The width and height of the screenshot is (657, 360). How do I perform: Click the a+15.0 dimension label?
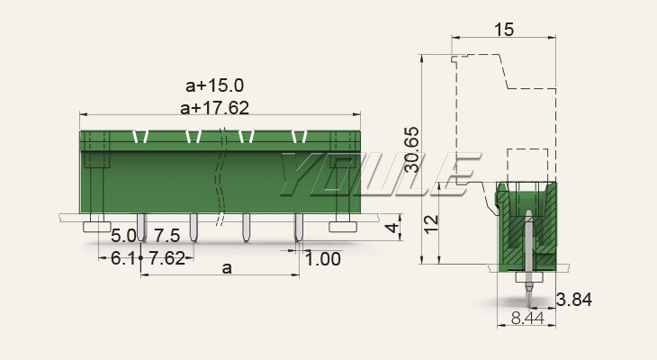(x=214, y=85)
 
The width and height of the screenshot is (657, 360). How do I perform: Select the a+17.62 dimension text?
(x=214, y=108)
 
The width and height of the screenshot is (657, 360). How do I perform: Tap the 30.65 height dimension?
(x=412, y=149)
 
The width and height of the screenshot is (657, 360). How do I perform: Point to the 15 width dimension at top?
(x=504, y=30)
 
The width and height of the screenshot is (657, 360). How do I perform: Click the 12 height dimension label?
(x=431, y=224)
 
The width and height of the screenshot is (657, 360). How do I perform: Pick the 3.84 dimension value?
(x=574, y=300)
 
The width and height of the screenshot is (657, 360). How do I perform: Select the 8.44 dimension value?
(x=527, y=318)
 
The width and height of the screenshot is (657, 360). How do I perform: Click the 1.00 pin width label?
(x=322, y=259)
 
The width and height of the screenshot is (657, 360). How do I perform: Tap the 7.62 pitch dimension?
(x=166, y=258)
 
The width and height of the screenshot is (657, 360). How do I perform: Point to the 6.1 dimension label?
(x=122, y=258)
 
